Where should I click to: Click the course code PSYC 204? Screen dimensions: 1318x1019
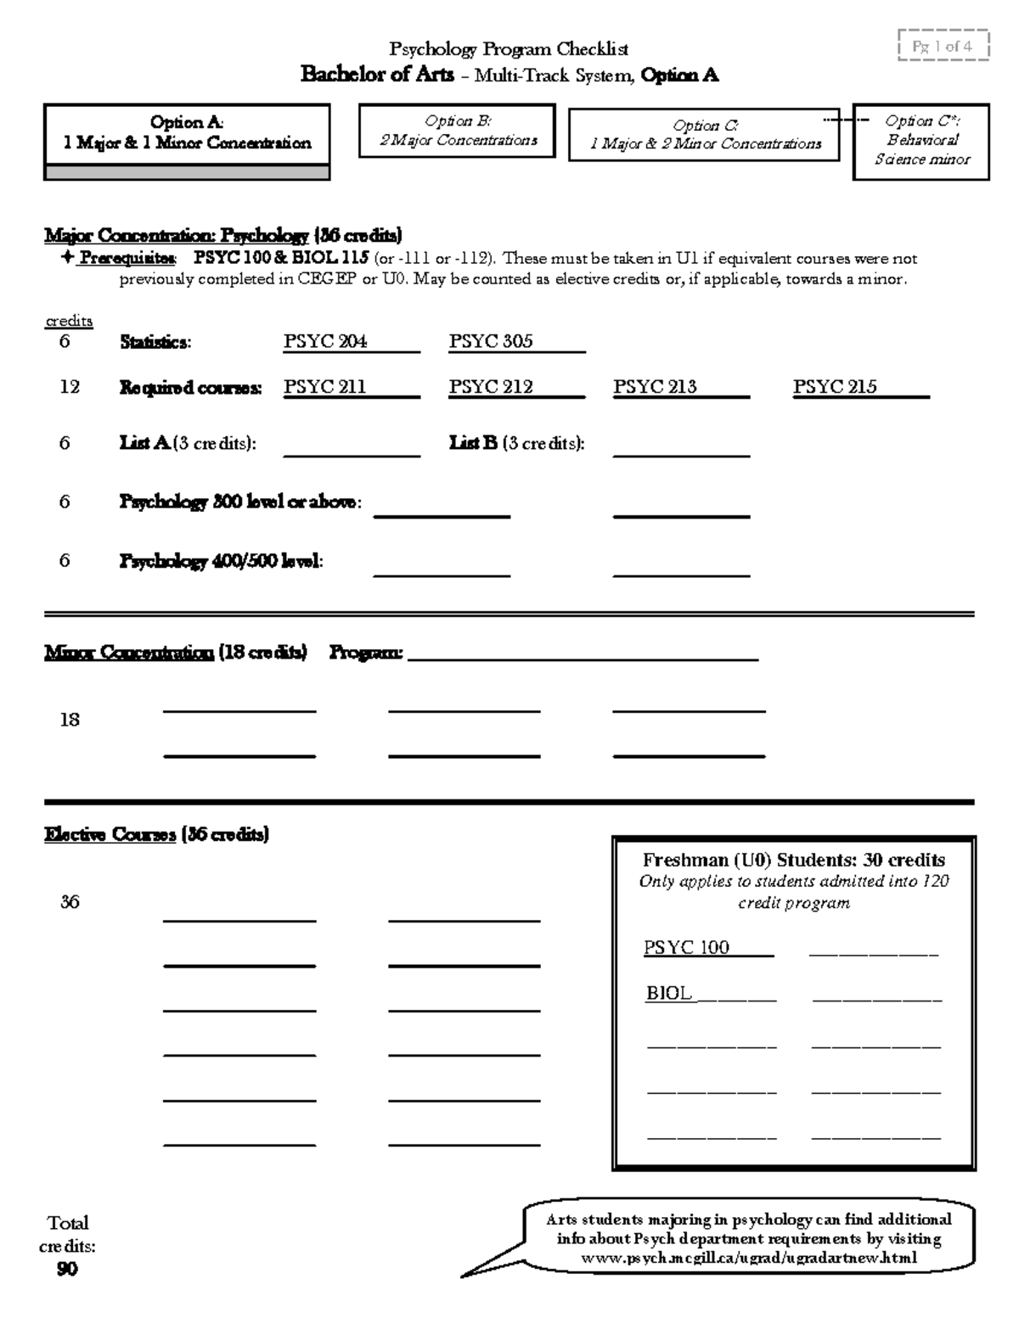pos(325,342)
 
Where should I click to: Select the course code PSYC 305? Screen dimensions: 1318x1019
pos(491,342)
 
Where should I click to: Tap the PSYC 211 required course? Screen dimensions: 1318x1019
pos(324,387)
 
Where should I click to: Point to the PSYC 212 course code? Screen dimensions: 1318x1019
pos(491,387)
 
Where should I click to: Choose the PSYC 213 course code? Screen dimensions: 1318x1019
pos(655,387)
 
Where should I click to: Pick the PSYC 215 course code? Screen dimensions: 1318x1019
pos(835,387)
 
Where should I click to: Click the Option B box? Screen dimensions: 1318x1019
pos(457,131)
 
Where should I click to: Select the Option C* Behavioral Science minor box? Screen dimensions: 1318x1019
pos(921,141)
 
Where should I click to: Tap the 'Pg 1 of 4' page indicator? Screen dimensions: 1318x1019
pos(943,47)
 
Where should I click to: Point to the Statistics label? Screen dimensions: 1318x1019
pos(155,343)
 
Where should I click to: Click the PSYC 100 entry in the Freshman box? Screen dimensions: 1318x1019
pos(687,948)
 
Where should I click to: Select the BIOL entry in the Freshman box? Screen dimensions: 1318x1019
pos(669,994)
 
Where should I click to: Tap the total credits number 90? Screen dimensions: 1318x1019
pos(67,1269)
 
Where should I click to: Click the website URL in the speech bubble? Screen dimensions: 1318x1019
pos(748,1258)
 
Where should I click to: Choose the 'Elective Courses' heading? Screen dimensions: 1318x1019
pos(110,835)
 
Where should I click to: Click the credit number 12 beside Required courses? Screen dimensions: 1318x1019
pos(70,387)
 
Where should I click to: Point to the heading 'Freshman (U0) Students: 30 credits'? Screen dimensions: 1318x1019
pos(794,860)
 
